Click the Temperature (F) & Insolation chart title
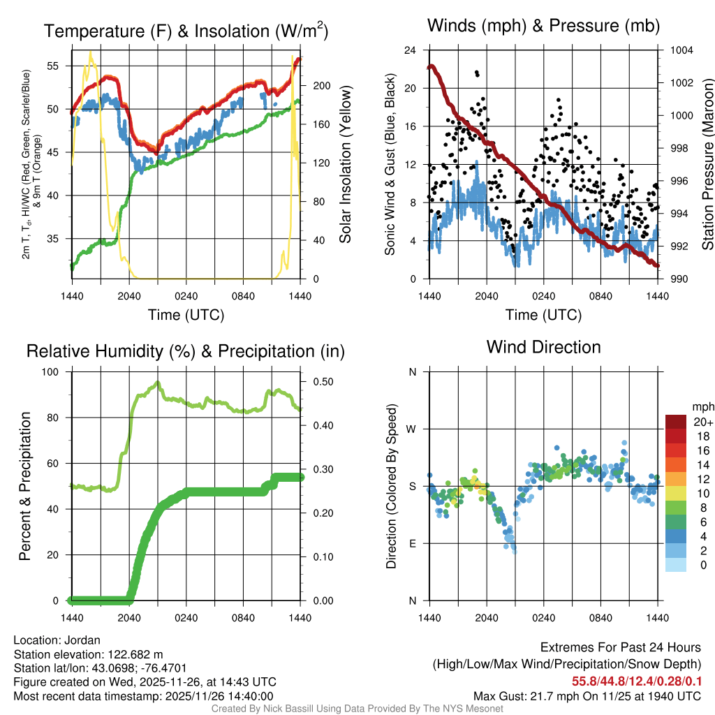point(186,31)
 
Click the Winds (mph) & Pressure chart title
point(543,27)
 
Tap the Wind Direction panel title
point(543,347)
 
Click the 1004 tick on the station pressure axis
point(680,50)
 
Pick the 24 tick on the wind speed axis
point(411,50)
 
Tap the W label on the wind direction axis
point(412,429)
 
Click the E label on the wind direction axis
point(412,543)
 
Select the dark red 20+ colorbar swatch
point(676,422)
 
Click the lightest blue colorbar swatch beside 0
point(676,565)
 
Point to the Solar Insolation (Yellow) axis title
point(345,164)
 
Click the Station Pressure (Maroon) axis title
point(707,164)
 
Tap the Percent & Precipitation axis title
point(25,486)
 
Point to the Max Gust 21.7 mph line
point(587,695)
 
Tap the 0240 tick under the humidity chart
point(186,617)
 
